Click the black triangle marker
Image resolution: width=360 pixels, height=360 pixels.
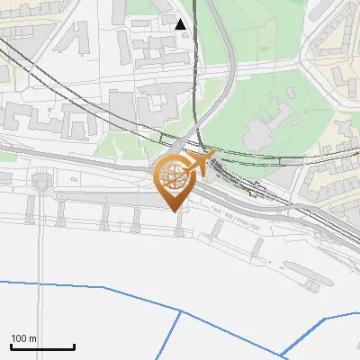pyautogui.click(x=181, y=24)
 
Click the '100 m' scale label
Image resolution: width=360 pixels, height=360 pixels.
pyautogui.click(x=23, y=338)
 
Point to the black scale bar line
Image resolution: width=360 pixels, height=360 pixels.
pyautogui.click(x=42, y=347)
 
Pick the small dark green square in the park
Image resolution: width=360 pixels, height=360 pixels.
pyautogui.click(x=292, y=93)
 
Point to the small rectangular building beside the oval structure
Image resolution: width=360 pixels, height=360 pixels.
pyautogui.click(x=311, y=286)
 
